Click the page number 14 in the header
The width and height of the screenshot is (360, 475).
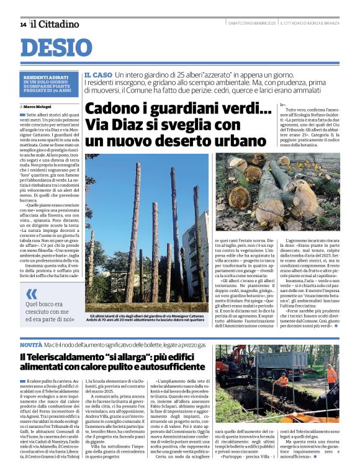click(23, 25)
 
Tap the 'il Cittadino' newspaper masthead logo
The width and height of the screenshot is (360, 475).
click(55, 24)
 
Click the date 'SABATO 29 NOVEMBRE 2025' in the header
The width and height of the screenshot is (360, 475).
click(251, 24)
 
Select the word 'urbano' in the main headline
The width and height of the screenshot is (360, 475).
click(214, 140)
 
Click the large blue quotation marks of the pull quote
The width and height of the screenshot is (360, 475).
click(32, 295)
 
